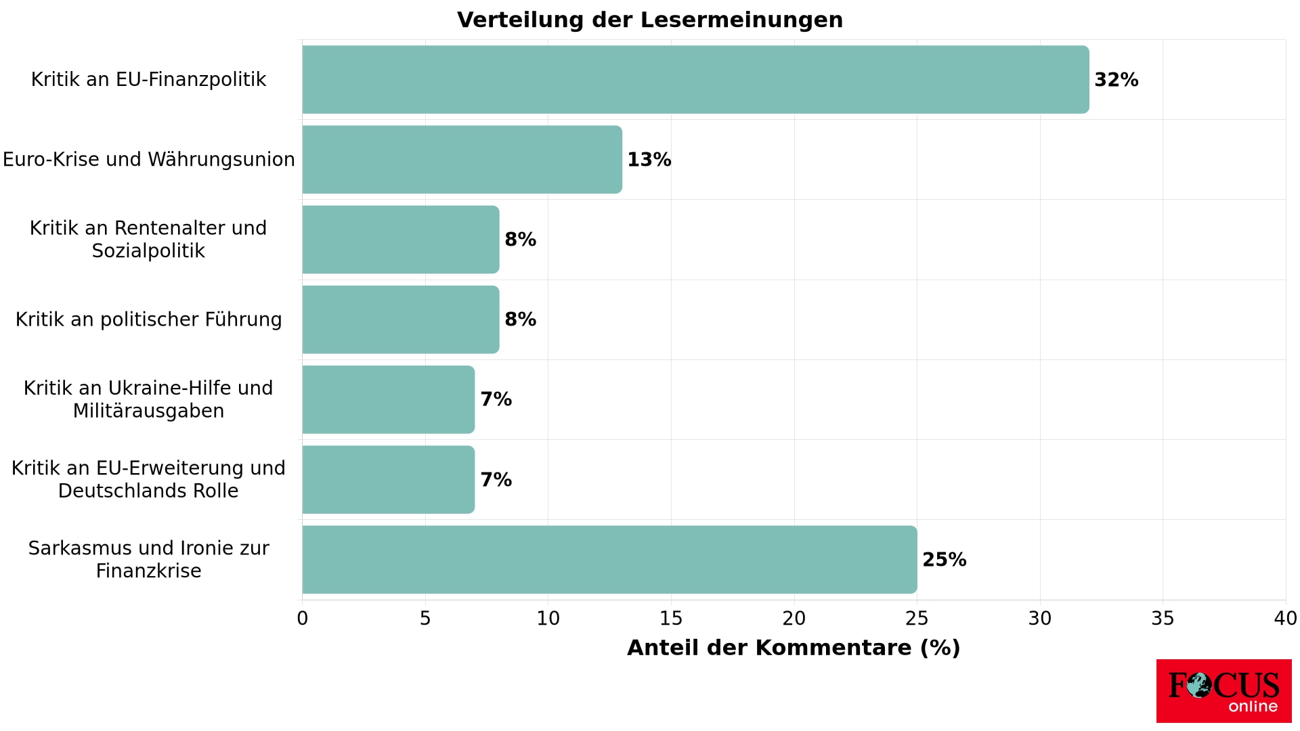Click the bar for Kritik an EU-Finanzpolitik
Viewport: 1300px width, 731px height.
click(695, 79)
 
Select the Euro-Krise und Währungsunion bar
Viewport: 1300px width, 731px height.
click(462, 160)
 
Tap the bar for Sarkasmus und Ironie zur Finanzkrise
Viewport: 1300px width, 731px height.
click(609, 560)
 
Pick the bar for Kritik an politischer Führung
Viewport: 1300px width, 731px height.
click(400, 319)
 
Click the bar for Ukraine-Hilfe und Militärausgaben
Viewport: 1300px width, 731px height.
click(388, 399)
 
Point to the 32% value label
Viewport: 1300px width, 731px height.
click(1116, 80)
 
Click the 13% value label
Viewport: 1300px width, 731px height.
click(649, 160)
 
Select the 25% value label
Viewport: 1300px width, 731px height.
click(944, 560)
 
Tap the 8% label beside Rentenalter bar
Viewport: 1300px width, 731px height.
click(520, 240)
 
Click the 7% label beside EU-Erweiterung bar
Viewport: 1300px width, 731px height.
click(496, 480)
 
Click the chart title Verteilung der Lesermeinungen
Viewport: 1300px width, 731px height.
click(650, 20)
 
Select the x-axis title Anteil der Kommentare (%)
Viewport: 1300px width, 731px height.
click(794, 648)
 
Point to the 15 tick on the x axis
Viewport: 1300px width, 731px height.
click(671, 619)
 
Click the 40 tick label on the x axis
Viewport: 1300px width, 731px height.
click(1285, 619)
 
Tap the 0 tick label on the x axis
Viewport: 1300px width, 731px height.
click(303, 619)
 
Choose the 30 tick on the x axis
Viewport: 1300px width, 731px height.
click(1040, 619)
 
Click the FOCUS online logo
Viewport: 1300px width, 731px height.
click(1223, 691)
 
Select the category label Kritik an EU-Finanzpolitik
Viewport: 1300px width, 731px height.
click(148, 80)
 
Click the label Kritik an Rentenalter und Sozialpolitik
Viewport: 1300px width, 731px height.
click(148, 240)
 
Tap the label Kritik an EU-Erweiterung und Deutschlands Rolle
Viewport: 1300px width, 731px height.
click(148, 479)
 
